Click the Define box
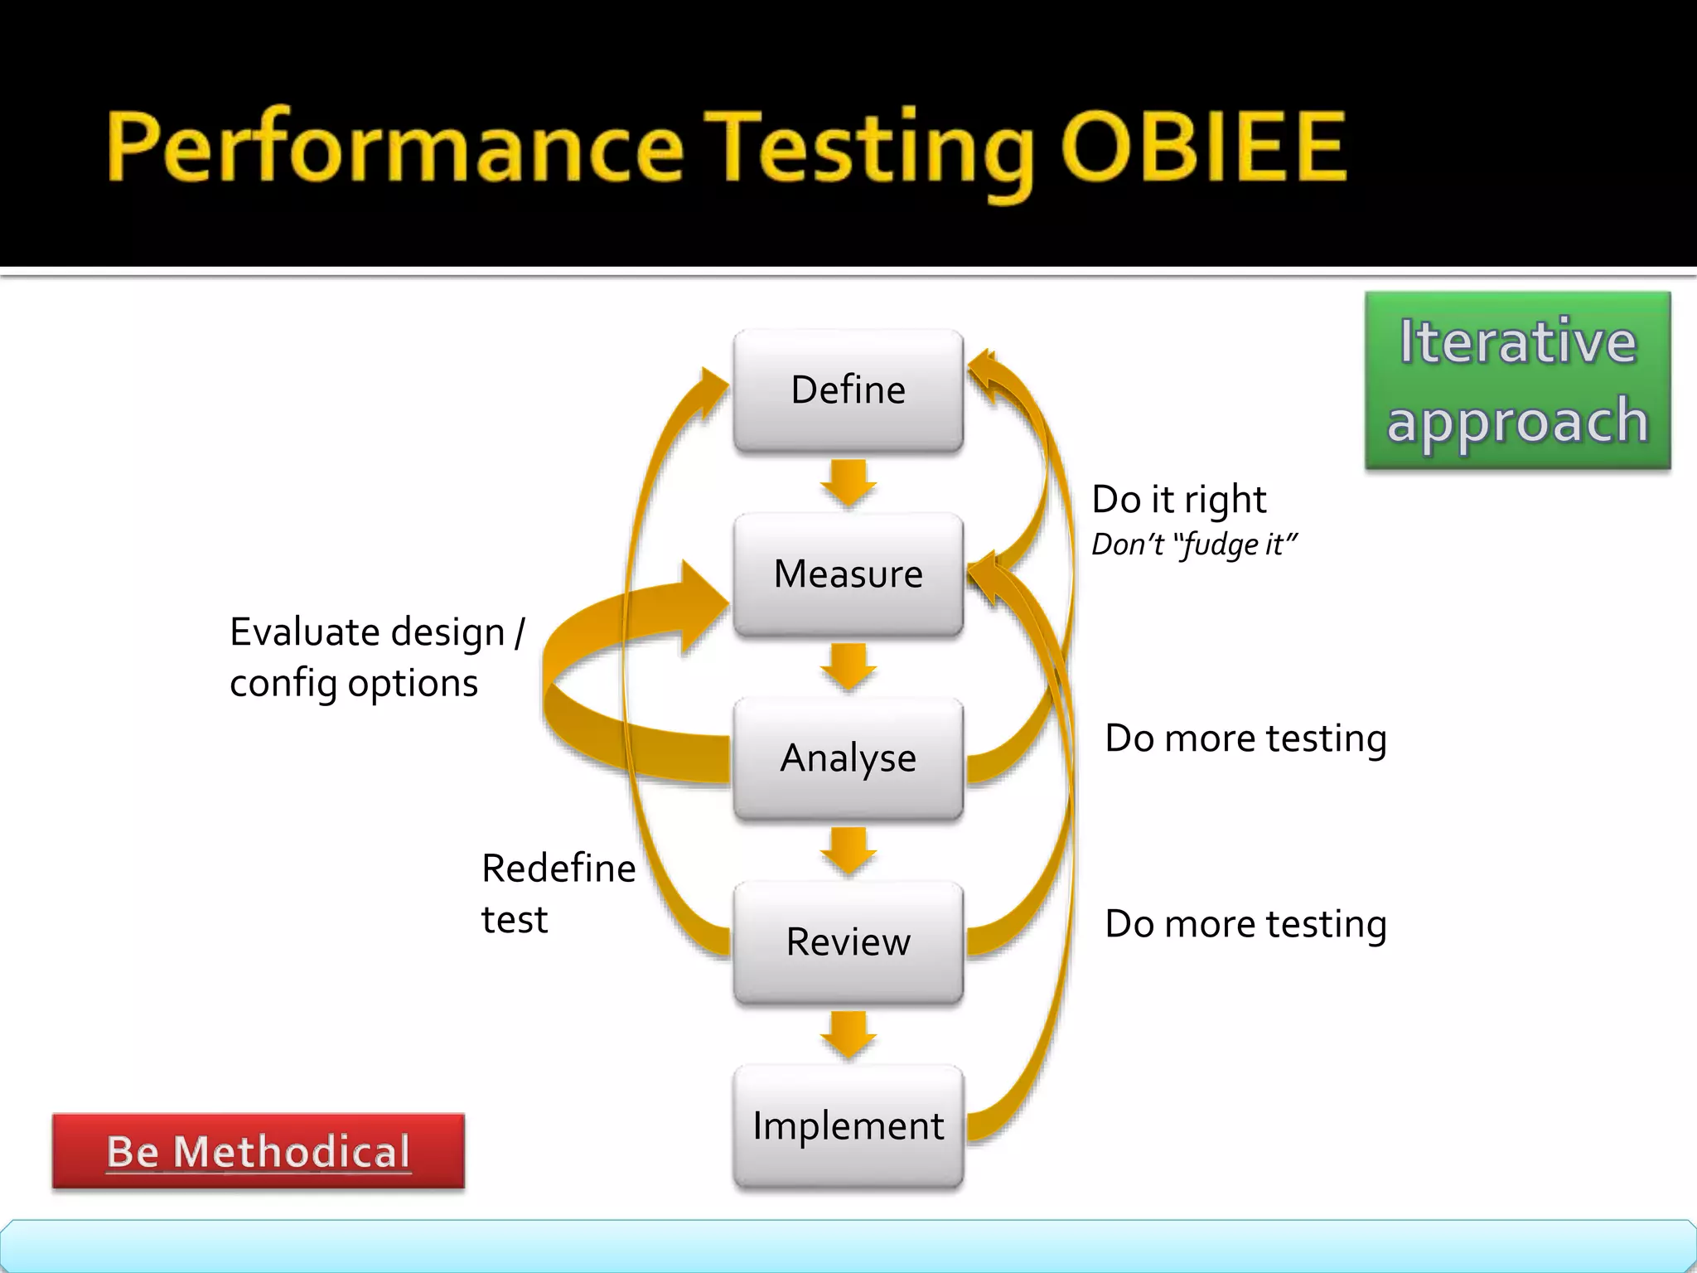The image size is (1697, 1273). click(848, 390)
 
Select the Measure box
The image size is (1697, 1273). click(848, 574)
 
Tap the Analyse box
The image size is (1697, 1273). click(848, 758)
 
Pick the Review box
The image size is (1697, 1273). click(848, 942)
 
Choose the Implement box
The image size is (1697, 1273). click(848, 1126)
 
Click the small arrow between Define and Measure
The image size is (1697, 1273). click(848, 482)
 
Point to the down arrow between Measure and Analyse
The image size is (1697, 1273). click(848, 666)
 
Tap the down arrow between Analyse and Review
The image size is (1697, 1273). click(848, 850)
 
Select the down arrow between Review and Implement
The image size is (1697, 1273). click(848, 1034)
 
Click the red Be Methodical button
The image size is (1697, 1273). click(259, 1151)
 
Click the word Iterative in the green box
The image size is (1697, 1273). click(1518, 341)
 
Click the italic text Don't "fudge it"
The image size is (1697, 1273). click(1193, 545)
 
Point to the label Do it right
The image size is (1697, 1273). click(1178, 500)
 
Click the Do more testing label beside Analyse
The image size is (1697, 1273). click(1245, 738)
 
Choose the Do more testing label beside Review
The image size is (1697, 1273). click(1245, 924)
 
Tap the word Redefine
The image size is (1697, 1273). click(558, 869)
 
